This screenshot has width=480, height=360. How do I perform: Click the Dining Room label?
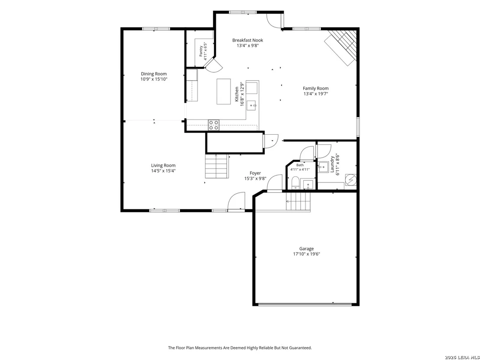(154, 74)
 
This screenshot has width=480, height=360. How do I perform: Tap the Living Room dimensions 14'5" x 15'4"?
(163, 171)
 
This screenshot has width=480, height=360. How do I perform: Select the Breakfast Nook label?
(247, 40)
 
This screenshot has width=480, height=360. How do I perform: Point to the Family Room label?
(316, 88)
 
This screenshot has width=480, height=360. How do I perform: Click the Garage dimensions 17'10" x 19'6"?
(306, 254)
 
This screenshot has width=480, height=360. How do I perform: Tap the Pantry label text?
(201, 51)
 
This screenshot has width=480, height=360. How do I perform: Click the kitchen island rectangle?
(224, 91)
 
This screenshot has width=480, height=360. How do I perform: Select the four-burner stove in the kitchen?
(214, 125)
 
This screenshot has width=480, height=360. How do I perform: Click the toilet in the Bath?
(295, 183)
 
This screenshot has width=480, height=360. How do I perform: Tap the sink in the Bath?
(308, 185)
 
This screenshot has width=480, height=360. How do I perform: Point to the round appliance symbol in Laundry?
(350, 180)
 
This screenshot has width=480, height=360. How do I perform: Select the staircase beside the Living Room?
(217, 166)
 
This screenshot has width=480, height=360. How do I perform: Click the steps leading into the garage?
(298, 201)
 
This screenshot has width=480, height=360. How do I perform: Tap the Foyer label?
(255, 173)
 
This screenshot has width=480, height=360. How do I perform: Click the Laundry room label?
(332, 164)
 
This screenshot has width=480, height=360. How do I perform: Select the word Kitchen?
(237, 94)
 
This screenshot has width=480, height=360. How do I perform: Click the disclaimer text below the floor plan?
(240, 348)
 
